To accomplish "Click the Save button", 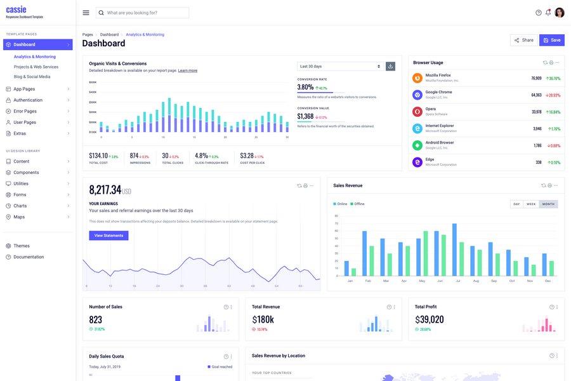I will coord(552,40).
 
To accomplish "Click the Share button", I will coord(524,40).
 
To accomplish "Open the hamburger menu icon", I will coord(86,13).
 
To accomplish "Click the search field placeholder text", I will coord(132,13).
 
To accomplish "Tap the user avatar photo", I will coord(560,13).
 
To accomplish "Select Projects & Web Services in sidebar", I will coord(36,67).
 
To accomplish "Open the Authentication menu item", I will coord(28,100).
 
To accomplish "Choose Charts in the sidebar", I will coord(20,206).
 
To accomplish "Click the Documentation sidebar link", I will coord(29,257).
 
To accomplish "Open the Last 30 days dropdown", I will coord(340,66).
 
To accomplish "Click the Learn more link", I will coord(188,70).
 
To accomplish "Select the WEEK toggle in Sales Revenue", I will coord(531,204).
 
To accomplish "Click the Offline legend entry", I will coord(358,204).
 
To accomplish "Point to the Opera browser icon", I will coord(417,112).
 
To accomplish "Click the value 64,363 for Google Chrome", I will coord(536,95).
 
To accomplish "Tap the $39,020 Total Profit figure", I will coord(430,319).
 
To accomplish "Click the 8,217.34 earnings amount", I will coord(105,190).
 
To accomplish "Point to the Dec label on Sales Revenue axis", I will coord(548,281).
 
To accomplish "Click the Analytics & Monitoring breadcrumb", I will coord(145,34).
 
